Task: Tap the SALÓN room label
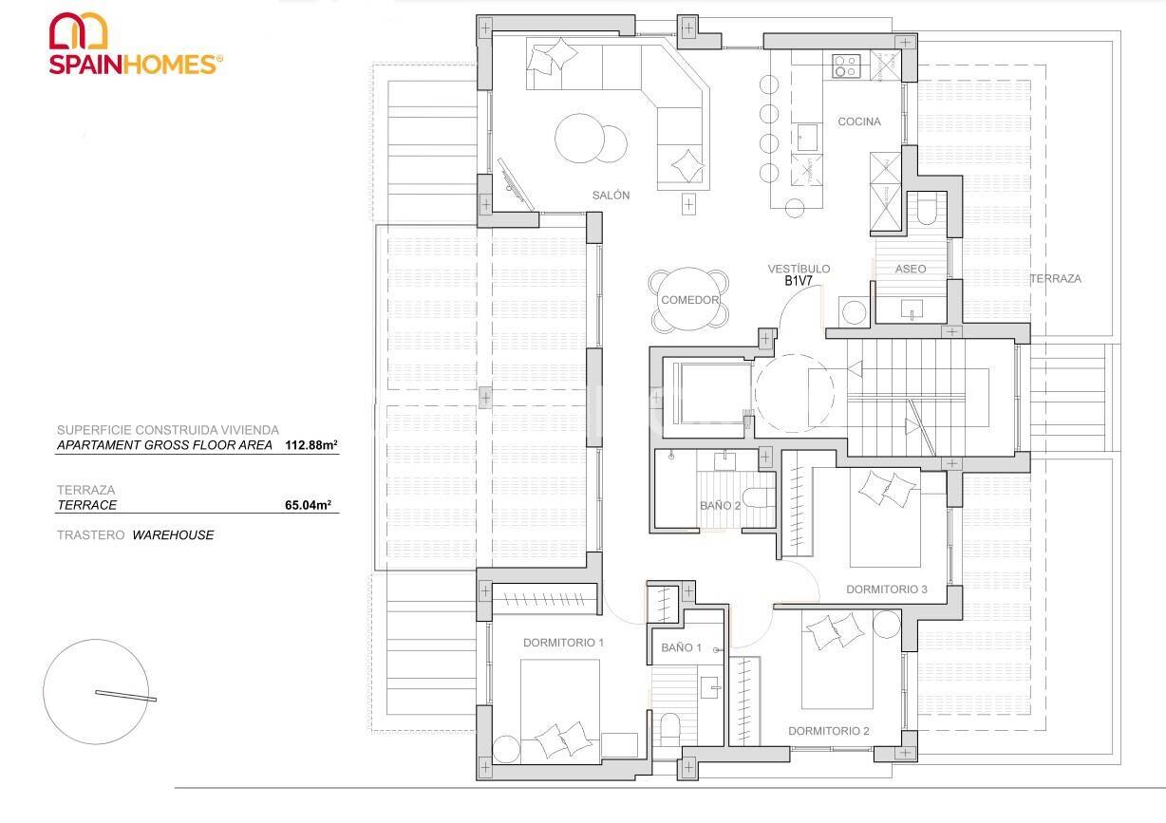611,195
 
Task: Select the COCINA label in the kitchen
858,122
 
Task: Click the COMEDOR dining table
689,300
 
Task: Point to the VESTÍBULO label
799,269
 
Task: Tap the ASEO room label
910,269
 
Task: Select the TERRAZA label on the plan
1056,278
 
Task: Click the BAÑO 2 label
720,506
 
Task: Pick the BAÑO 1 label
681,647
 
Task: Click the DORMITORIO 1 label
563,643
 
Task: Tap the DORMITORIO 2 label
829,731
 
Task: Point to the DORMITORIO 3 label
886,589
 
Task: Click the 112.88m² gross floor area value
311,444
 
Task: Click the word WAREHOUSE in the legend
173,534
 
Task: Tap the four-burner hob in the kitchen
846,65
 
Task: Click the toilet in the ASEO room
927,207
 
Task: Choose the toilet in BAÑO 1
669,728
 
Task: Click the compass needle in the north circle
125,695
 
